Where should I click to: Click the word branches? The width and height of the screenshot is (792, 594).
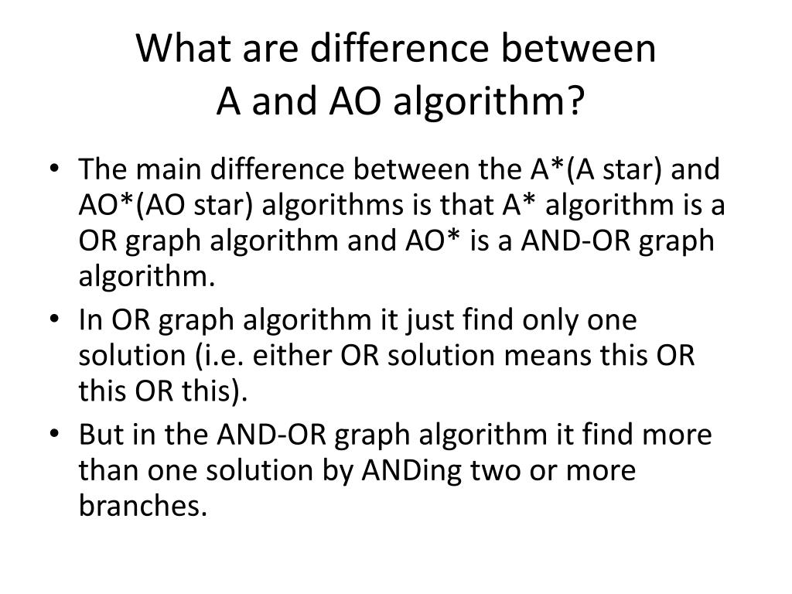[143, 507]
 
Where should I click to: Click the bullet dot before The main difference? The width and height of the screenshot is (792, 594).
[62, 169]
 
